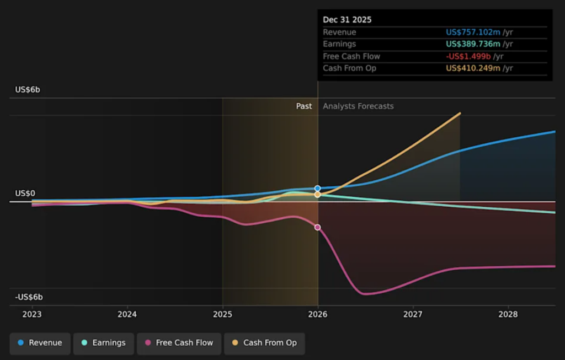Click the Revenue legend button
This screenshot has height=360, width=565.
tap(40, 343)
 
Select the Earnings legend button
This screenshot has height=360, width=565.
tap(103, 343)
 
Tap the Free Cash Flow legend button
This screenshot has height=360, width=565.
tap(179, 343)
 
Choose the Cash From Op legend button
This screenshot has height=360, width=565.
tap(264, 343)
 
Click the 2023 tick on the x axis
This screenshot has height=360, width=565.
tap(32, 314)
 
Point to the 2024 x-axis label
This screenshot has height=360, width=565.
tap(127, 314)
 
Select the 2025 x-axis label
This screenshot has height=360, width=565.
tap(222, 314)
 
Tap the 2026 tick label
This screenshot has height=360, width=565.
tap(318, 314)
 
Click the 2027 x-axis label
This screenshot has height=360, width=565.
tap(413, 314)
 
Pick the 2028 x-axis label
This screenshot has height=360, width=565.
tap(508, 314)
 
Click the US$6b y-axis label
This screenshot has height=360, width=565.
tap(28, 90)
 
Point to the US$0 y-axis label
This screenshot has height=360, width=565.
tap(25, 194)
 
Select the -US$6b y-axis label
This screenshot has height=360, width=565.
tap(29, 297)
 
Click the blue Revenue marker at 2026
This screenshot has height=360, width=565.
tap(318, 189)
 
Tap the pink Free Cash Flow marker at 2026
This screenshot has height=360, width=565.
tap(317, 227)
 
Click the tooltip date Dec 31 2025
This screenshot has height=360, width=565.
tap(347, 20)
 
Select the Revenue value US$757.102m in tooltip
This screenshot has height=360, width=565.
tap(473, 33)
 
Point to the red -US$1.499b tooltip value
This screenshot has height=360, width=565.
tap(468, 56)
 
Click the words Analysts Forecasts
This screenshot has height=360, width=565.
tap(358, 106)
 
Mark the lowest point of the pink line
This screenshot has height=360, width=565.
tap(365, 294)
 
